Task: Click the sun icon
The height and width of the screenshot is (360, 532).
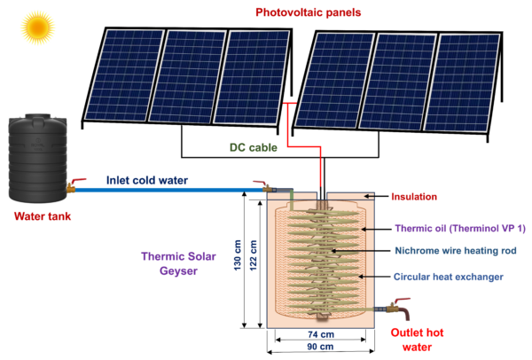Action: (37, 27)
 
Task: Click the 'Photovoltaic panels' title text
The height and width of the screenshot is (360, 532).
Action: (309, 12)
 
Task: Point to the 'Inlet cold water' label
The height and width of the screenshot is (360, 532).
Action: (147, 181)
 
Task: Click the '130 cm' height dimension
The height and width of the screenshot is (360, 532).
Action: (236, 258)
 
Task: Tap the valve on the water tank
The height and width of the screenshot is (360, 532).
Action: (74, 185)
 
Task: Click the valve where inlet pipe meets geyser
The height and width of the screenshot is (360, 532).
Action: (263, 187)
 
